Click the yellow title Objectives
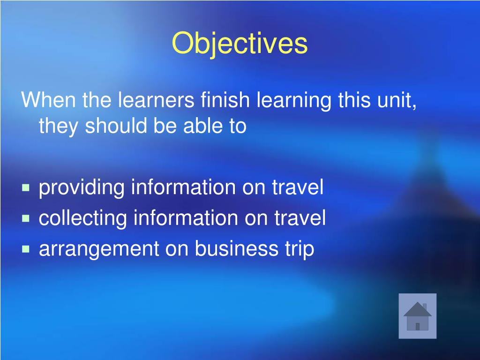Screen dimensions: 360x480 tap(240, 44)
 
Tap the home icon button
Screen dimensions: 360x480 tap(417, 316)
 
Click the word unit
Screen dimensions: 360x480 tap(399, 100)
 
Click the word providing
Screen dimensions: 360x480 tap(82, 188)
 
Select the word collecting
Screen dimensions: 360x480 tap(83, 218)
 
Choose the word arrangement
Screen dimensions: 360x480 tap(99, 249)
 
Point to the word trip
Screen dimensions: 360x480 tap(298, 249)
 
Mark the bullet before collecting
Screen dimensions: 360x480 tap(26, 218)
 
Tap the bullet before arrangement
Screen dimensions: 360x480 tap(26, 249)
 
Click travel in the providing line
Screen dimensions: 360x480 tap(298, 188)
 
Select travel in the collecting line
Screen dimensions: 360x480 tap(300, 218)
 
